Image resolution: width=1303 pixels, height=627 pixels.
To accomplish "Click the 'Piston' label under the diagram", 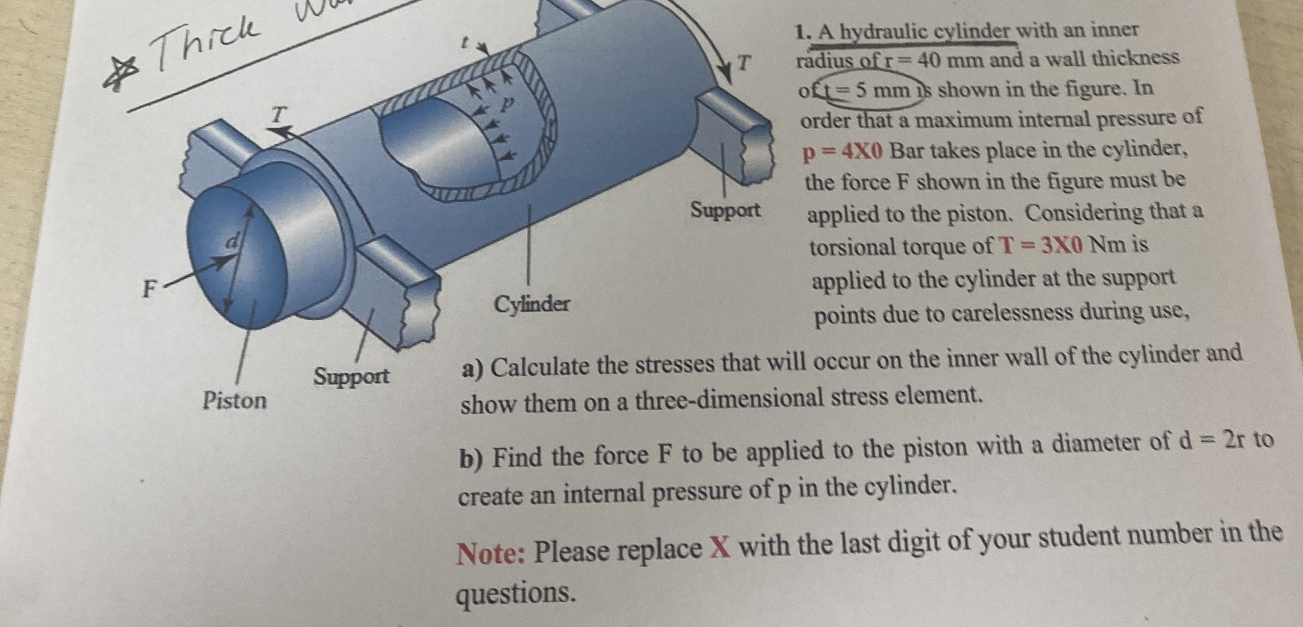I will [x=234, y=401].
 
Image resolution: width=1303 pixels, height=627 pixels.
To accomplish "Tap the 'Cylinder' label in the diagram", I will [x=532, y=304].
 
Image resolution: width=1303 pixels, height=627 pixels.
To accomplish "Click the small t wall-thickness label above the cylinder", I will [x=462, y=44].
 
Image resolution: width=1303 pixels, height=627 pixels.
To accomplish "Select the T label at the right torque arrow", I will [x=742, y=63].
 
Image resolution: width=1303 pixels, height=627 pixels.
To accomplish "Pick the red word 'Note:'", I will [x=490, y=553].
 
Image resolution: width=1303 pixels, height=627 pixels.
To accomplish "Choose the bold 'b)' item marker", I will [x=471, y=459].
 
